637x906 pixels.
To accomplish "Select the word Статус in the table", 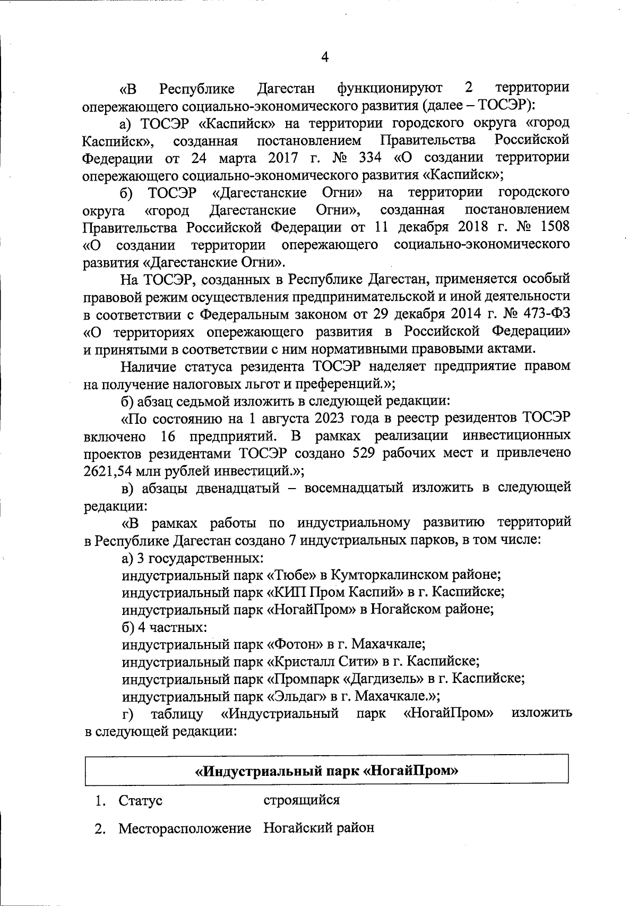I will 141,800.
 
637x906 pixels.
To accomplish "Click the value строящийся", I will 302,799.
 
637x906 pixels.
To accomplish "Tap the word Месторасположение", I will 184,828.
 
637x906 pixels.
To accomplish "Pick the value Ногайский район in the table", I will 319,827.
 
